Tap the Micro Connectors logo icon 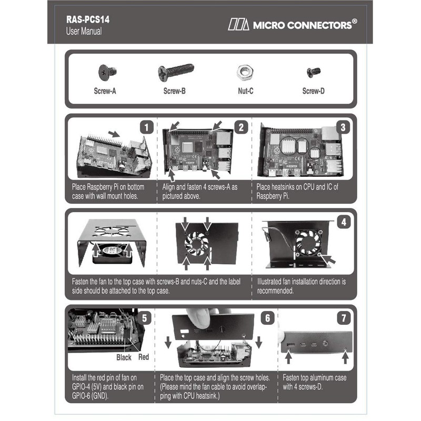(x=238, y=24)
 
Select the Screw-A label (x=105, y=91)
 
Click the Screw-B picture (x=176, y=71)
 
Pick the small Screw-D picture (x=314, y=72)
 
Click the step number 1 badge (x=148, y=126)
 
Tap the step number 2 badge (x=241, y=126)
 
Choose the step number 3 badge (x=343, y=126)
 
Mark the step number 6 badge (x=267, y=317)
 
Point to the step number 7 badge (x=343, y=317)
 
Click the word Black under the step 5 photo (x=124, y=357)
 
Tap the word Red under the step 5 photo (x=143, y=357)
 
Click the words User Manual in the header (x=84, y=32)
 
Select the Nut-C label (x=246, y=91)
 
